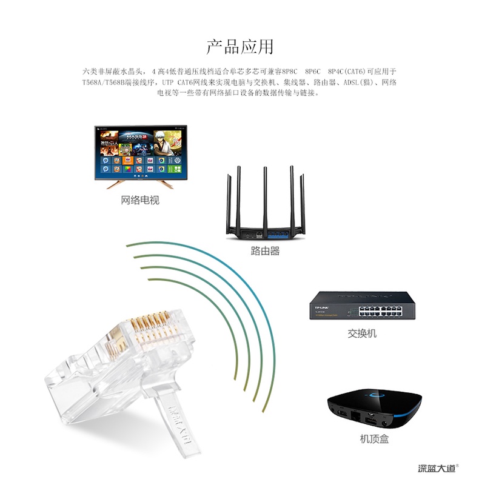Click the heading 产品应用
pyautogui.click(x=239, y=47)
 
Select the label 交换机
pyautogui.click(x=362, y=333)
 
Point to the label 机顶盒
pyautogui.click(x=374, y=439)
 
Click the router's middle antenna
pyautogui.click(x=265, y=194)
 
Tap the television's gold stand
pyautogui.click(x=140, y=184)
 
